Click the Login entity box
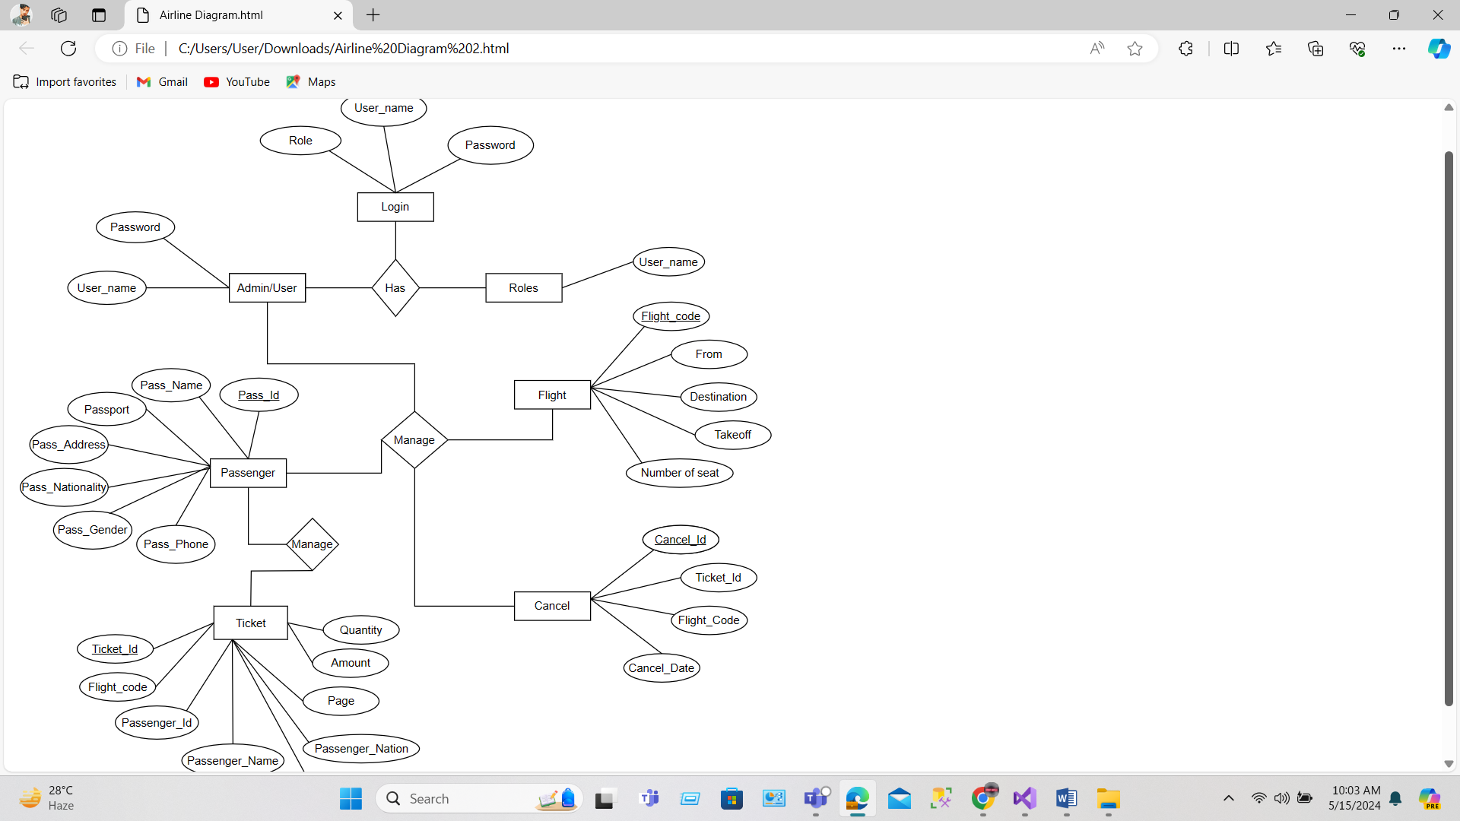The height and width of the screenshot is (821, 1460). (x=395, y=207)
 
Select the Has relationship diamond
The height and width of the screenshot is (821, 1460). (x=395, y=288)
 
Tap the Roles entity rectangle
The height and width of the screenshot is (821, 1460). (x=523, y=288)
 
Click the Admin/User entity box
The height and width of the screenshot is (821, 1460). (x=267, y=288)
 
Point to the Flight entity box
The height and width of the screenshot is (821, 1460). (x=552, y=395)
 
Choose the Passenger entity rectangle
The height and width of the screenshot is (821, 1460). (x=248, y=473)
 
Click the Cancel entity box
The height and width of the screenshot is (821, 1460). (x=552, y=606)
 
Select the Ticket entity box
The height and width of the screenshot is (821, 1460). (x=251, y=623)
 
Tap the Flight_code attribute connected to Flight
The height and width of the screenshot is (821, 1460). (x=671, y=316)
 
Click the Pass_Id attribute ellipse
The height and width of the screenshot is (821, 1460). (x=259, y=395)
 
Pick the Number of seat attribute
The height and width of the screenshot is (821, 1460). (x=680, y=473)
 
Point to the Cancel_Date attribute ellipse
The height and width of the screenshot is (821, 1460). (x=662, y=668)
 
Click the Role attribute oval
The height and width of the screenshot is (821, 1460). (x=300, y=141)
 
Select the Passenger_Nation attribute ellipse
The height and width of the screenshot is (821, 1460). (x=361, y=749)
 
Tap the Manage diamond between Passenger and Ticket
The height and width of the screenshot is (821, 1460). (x=312, y=544)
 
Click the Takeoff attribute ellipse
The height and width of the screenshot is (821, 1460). (x=733, y=435)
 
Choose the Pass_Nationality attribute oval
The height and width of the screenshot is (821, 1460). (x=65, y=487)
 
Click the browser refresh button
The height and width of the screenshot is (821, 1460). (x=68, y=49)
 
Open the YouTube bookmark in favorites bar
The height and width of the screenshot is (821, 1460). (x=237, y=82)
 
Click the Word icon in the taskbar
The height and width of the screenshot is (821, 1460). (x=1066, y=799)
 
